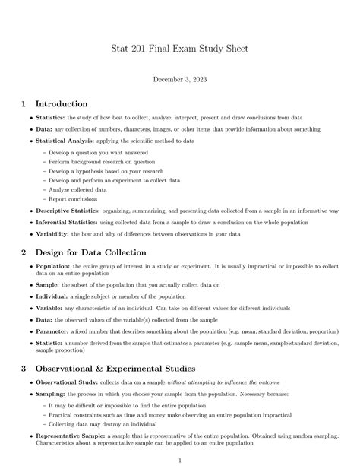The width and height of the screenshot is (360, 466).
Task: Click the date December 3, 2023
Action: [180, 79]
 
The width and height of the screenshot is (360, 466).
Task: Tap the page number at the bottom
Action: [180, 460]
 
